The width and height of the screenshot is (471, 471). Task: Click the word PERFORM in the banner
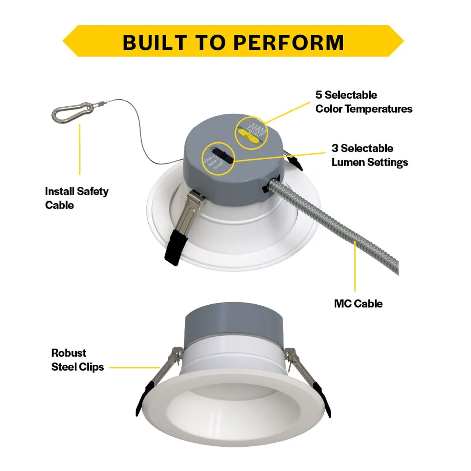tap(289, 42)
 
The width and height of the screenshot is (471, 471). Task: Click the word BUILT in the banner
tap(155, 42)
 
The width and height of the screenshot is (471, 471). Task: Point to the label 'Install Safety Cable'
tap(77, 198)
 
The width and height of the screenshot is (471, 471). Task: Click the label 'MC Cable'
tap(358, 304)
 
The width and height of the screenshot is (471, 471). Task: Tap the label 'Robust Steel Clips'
tap(77, 360)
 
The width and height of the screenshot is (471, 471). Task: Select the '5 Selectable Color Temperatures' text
tap(364, 102)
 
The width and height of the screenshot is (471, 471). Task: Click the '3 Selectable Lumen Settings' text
tap(369, 155)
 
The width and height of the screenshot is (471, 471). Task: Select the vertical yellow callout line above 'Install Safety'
tap(80, 149)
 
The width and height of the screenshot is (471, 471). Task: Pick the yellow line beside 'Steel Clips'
tap(134, 367)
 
